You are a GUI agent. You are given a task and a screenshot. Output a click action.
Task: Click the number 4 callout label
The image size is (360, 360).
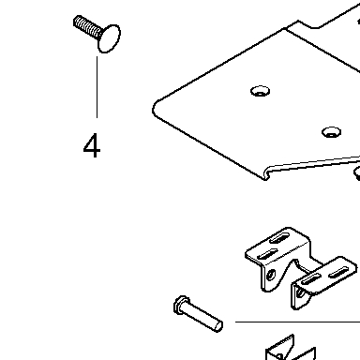click(92, 145)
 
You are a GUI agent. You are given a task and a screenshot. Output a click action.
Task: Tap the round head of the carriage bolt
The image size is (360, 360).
click(109, 38)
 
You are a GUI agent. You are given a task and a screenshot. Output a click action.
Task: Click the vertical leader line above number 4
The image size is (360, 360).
click(97, 87)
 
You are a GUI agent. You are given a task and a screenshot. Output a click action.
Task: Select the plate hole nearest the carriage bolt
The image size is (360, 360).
click(261, 91)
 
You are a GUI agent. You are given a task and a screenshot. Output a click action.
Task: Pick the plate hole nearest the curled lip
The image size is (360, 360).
click(331, 132)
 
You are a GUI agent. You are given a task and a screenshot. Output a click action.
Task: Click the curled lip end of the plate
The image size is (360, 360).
click(267, 174)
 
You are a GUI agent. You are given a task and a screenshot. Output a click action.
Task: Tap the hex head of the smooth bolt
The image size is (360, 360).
click(181, 305)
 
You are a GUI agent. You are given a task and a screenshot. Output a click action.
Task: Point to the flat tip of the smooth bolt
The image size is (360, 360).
click(218, 325)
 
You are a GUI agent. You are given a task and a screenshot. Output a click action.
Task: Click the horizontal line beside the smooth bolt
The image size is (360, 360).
click(297, 322)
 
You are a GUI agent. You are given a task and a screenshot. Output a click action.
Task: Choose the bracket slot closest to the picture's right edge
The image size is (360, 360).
click(339, 273)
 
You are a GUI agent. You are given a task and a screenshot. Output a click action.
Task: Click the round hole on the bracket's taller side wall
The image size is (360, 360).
click(271, 276)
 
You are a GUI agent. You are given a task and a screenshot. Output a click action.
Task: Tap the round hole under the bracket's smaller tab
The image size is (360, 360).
click(300, 292)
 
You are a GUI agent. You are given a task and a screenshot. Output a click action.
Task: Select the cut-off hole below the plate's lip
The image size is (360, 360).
click(357, 172)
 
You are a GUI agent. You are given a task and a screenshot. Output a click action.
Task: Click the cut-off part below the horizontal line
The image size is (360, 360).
click(291, 349)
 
